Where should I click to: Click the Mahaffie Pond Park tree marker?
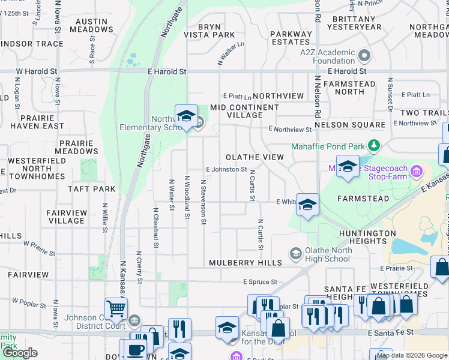(375, 146)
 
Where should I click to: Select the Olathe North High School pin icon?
(295, 254)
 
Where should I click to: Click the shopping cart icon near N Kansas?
(115, 309)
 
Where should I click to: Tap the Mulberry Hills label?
(246, 263)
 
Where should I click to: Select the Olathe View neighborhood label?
(255, 157)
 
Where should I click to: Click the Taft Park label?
(91, 188)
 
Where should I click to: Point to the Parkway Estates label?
(290, 38)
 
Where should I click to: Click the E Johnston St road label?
(226, 170)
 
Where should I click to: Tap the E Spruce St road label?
(260, 281)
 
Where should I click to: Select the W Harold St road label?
(36, 71)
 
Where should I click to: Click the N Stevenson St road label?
(204, 202)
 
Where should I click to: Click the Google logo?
(20, 353)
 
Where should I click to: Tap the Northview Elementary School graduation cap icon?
(186, 116)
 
